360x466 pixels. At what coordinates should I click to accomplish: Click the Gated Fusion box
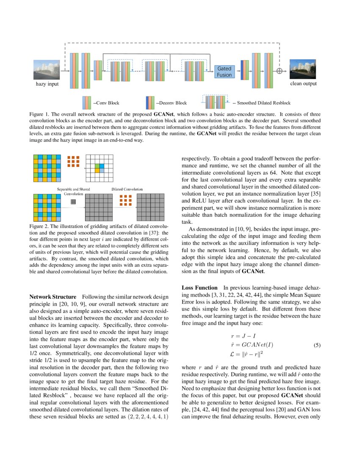(224, 71)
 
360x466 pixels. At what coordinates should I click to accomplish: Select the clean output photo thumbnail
(303, 69)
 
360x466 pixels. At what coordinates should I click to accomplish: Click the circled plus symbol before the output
(279, 71)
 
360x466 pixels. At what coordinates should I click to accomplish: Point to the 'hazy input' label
(47, 84)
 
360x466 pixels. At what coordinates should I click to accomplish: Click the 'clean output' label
(303, 84)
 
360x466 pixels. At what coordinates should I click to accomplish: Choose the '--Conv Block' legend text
(106, 103)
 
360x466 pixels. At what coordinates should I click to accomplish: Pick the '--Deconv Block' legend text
(171, 103)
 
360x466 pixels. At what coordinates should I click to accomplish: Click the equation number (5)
(317, 345)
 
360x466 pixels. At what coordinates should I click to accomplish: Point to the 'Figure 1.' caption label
(41, 115)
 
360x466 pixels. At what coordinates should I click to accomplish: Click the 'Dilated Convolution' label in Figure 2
(127, 189)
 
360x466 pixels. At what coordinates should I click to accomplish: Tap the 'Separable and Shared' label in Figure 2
(74, 189)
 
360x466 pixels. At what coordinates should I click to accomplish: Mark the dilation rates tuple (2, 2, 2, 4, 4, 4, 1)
(147, 417)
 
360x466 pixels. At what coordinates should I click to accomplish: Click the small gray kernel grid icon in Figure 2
(73, 202)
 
